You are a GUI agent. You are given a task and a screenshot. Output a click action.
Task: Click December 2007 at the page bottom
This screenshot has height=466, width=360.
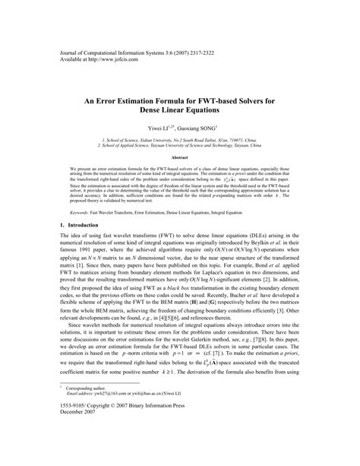point(78,456)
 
